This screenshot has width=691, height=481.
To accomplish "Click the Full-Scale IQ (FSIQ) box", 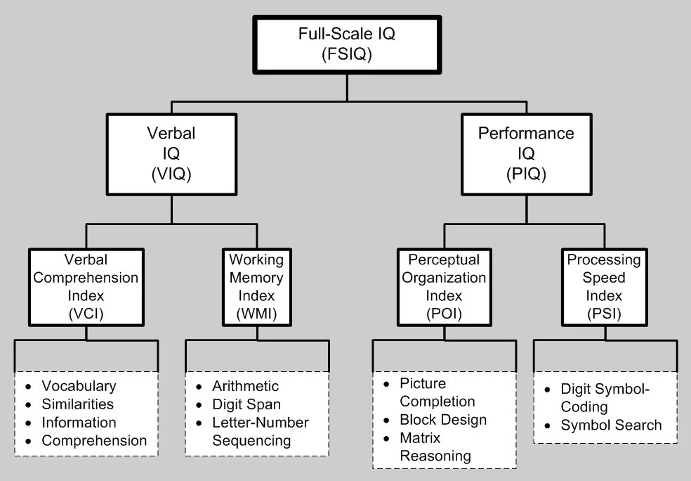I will (x=346, y=43).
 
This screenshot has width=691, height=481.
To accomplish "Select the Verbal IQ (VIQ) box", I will (x=171, y=155).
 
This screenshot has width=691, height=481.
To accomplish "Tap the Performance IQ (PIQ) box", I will (x=526, y=155).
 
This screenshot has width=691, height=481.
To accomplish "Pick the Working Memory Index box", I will (x=256, y=286).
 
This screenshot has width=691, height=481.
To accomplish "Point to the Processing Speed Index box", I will (x=604, y=286).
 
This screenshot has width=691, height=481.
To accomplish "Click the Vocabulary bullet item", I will (x=79, y=386).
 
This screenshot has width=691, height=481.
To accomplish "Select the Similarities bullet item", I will (x=77, y=404).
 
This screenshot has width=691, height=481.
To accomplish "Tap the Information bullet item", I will (x=79, y=423).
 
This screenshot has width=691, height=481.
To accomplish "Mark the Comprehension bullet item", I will (x=94, y=441).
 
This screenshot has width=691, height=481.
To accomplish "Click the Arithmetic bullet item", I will (x=245, y=386).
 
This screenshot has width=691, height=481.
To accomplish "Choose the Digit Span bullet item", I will (x=246, y=404).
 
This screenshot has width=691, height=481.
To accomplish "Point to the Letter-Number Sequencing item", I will (x=260, y=432).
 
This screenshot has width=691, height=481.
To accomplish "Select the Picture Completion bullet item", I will (x=437, y=392).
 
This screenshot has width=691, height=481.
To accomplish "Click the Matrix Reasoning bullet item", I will (x=435, y=447).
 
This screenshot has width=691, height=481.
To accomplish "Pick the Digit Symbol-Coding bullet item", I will (x=606, y=397).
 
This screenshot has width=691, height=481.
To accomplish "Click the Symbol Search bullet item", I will (x=611, y=425).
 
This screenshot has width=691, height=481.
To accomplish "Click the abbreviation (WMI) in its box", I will (x=256, y=314).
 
